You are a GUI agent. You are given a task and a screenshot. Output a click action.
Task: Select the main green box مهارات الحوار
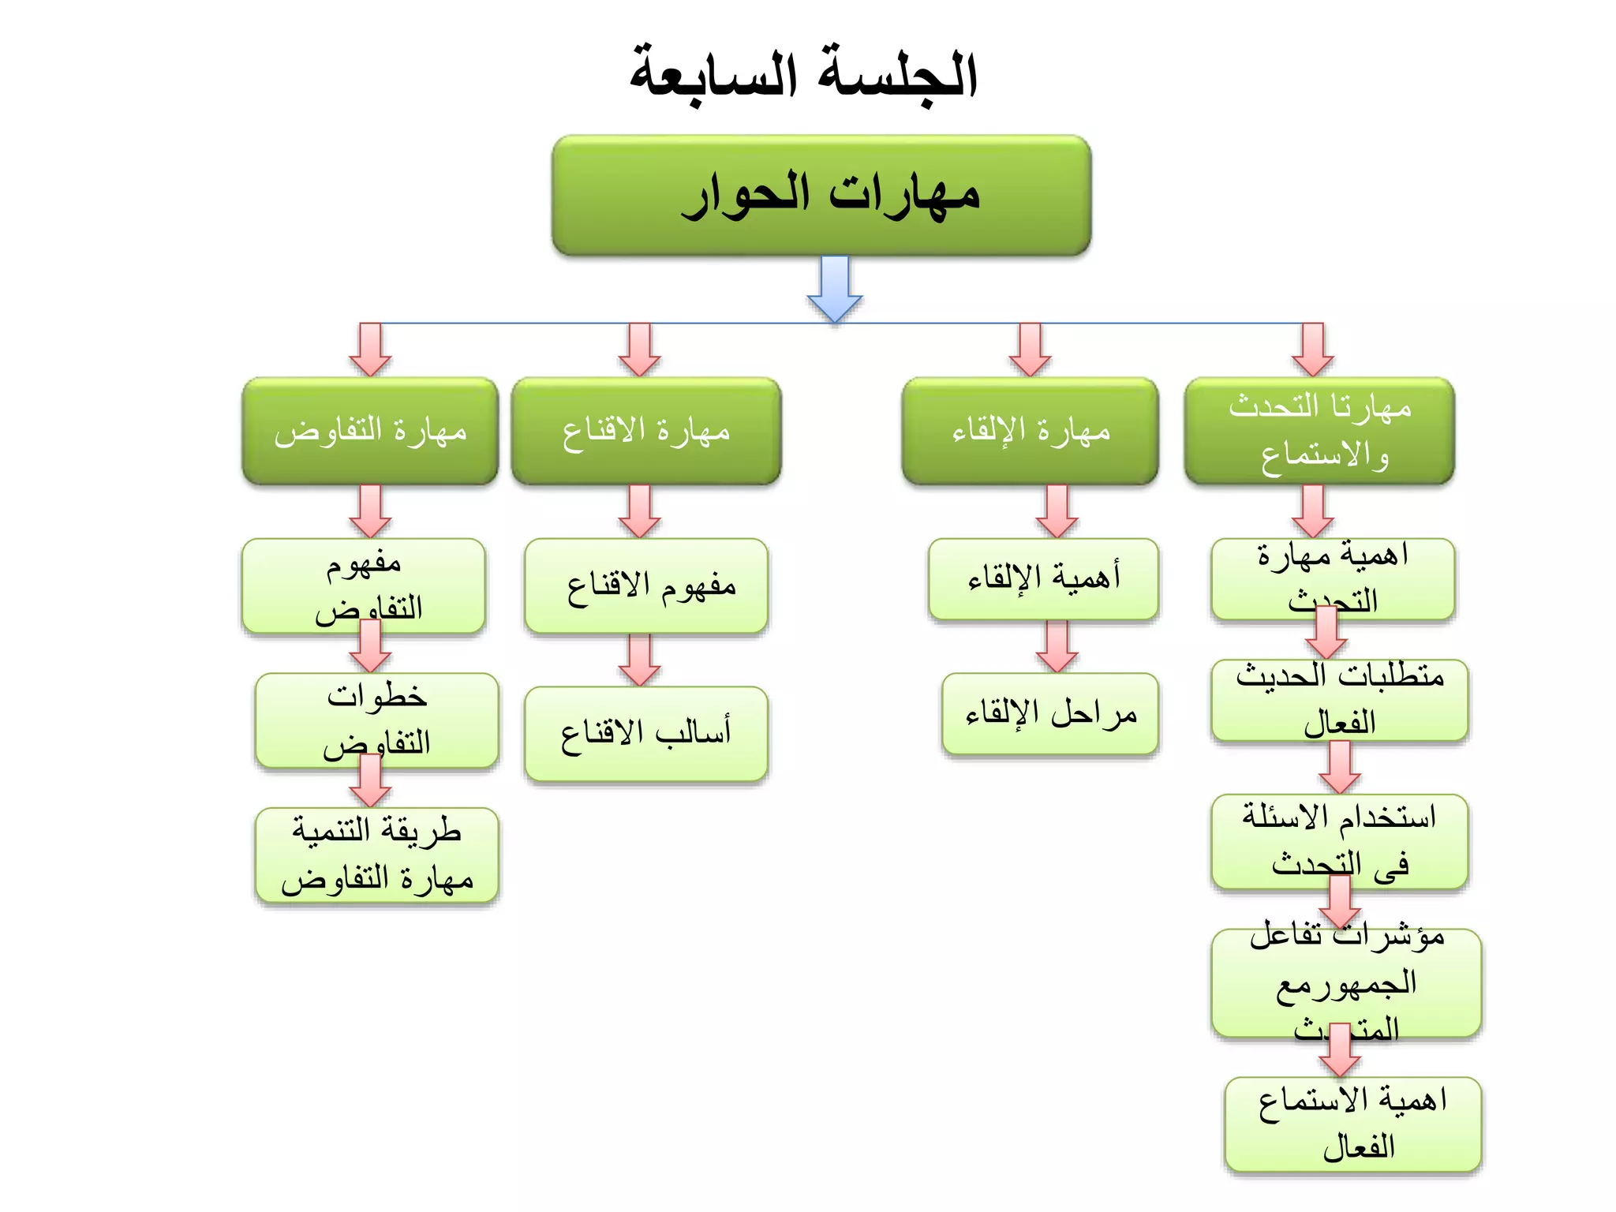point(821,195)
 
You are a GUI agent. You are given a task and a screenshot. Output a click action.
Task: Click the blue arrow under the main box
point(835,288)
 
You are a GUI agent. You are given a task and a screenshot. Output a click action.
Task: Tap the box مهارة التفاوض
point(370,431)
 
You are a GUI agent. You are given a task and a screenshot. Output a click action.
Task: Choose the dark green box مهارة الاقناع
point(645,431)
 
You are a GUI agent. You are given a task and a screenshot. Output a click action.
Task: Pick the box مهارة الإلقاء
point(1030,431)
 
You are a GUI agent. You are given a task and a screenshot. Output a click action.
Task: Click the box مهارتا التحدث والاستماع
point(1319,431)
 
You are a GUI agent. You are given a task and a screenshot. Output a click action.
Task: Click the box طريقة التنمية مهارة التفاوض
point(377,855)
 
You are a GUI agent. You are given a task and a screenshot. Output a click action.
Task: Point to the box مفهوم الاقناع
point(645,585)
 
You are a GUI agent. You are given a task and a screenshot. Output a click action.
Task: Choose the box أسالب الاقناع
point(645,734)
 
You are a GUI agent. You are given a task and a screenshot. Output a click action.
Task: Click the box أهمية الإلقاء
point(1043,578)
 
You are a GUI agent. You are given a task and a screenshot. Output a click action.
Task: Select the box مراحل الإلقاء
point(1049,713)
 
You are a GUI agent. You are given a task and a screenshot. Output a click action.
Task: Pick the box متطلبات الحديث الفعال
point(1339,700)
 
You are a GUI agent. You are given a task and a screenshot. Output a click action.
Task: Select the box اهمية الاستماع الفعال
point(1352,1124)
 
